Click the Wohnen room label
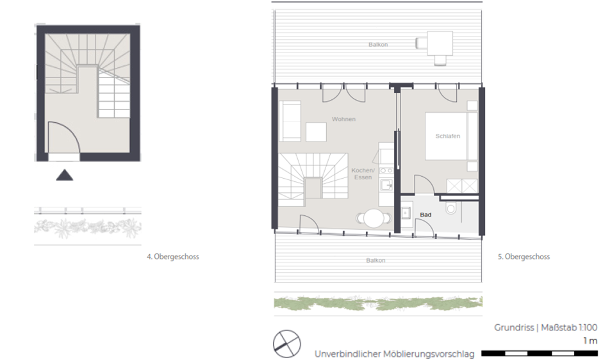coord(343,119)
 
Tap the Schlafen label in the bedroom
coord(448,136)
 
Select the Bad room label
coord(425,215)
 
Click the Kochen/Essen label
coord(363,174)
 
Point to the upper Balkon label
coord(378,45)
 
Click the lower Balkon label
coord(376,260)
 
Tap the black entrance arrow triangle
coord(65,175)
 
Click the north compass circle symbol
coord(287,344)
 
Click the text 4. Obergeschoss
coord(172,256)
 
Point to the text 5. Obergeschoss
coord(524,256)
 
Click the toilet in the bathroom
coord(450,208)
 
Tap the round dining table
coord(374,218)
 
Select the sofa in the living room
coord(290,121)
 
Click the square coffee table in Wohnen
coord(316,132)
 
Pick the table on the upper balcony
coord(440,43)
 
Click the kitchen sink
coord(386,185)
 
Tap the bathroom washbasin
coord(406,213)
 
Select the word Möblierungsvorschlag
coord(429,354)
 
